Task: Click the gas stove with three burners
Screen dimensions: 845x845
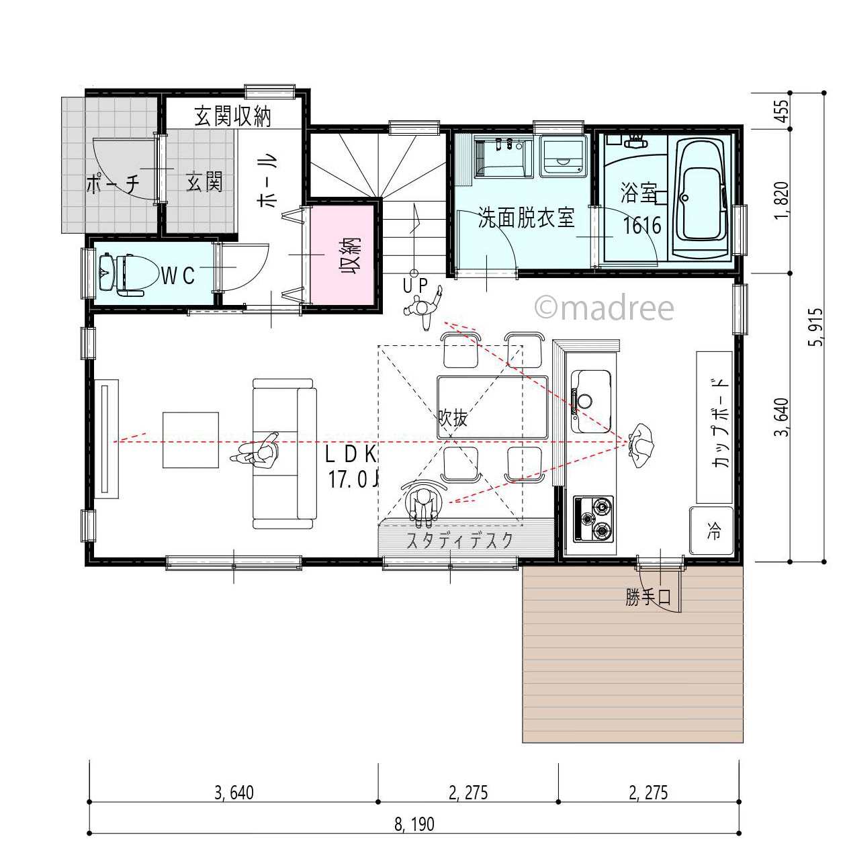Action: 593,519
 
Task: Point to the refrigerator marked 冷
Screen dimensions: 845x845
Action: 712,531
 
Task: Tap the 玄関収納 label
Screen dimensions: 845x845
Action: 232,116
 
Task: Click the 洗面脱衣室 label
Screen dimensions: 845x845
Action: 527,218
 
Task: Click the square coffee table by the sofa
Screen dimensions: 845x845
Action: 191,440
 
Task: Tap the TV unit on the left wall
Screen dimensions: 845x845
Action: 106,439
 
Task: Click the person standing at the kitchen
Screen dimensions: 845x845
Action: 641,445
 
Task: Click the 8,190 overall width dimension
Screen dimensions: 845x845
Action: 414,824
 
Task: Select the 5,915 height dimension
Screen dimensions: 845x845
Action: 815,327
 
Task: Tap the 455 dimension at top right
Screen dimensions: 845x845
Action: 781,111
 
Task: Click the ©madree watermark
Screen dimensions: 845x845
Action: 604,308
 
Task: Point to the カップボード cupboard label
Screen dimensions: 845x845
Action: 719,423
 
